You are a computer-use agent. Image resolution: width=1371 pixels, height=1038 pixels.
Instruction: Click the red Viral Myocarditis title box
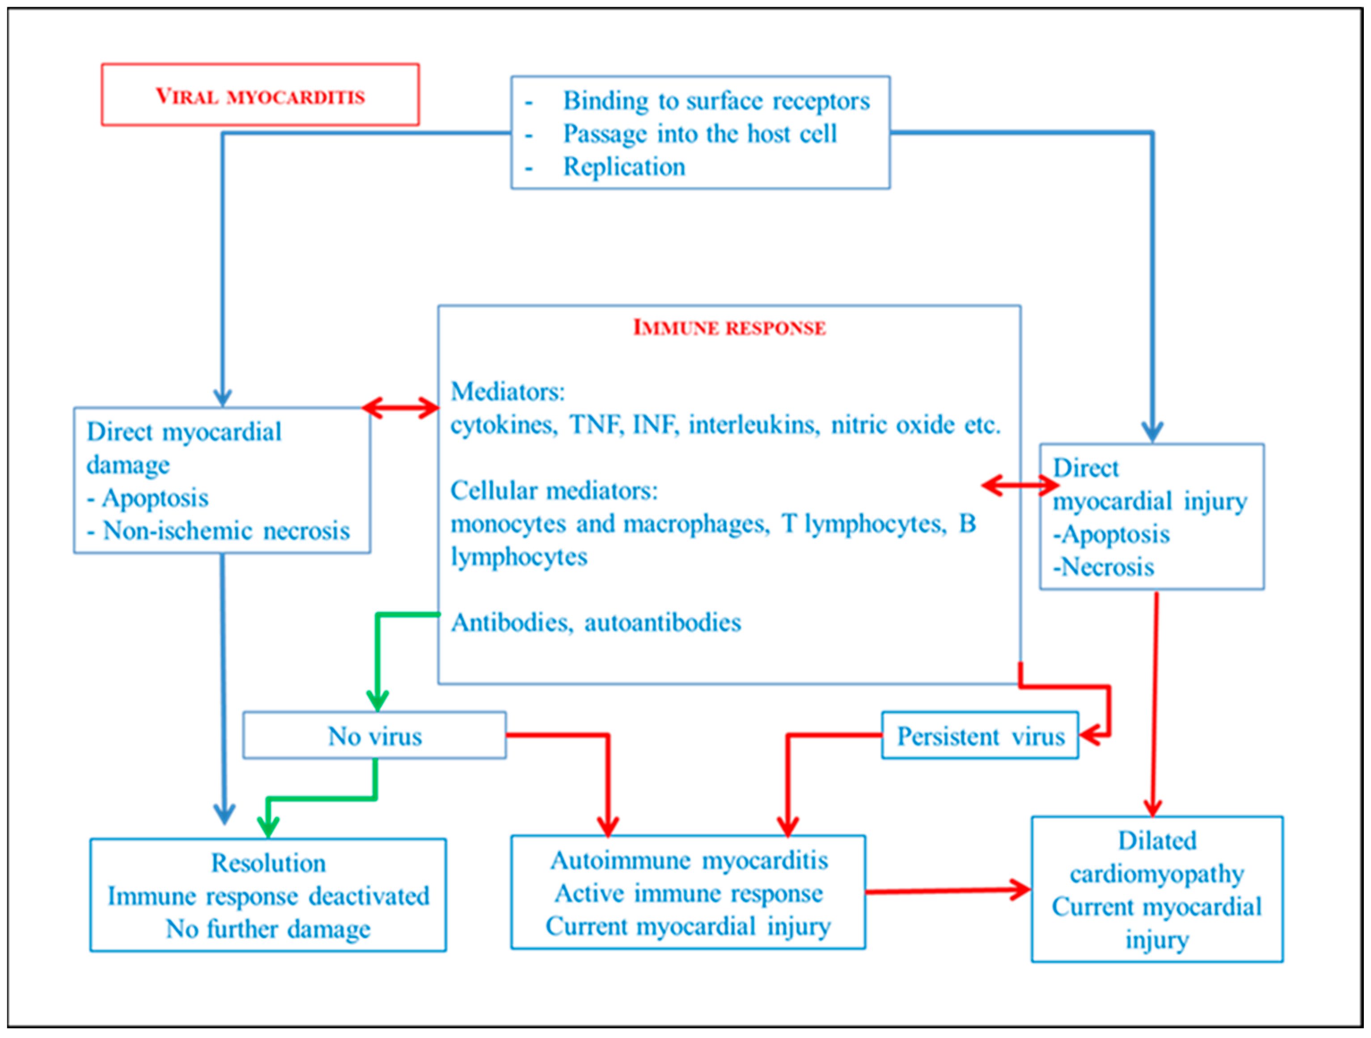point(260,95)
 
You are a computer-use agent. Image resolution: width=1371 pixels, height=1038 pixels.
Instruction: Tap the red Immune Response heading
point(729,327)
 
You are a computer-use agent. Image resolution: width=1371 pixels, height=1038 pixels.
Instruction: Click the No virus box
point(374,736)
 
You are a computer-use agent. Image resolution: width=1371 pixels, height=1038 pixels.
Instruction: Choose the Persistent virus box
point(980,736)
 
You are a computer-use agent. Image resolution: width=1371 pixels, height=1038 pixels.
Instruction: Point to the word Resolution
point(268,863)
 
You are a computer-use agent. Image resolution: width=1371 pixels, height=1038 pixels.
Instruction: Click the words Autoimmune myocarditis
point(689,860)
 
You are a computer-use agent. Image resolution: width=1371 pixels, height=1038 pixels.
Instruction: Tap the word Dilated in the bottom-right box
point(1156,841)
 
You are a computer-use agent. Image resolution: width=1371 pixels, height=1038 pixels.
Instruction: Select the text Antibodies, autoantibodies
point(596,622)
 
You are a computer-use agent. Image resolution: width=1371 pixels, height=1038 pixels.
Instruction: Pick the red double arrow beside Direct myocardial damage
point(400,408)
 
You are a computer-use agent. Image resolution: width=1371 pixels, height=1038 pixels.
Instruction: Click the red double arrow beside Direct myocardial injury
point(1020,485)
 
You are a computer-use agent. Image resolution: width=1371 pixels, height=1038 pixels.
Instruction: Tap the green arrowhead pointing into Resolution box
point(268,827)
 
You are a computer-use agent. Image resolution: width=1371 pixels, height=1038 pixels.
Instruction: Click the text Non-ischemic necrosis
point(226,531)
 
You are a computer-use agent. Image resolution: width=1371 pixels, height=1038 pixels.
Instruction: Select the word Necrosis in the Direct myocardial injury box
point(1107,566)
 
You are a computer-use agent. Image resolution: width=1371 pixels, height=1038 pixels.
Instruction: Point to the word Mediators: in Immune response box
point(508,392)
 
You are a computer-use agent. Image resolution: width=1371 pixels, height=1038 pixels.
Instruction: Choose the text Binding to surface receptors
point(716,101)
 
